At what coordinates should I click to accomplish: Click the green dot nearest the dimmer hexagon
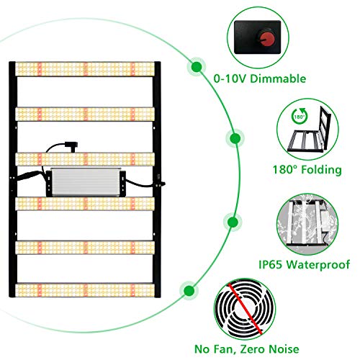click(x=195, y=67)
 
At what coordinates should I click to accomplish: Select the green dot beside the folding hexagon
click(x=235, y=137)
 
